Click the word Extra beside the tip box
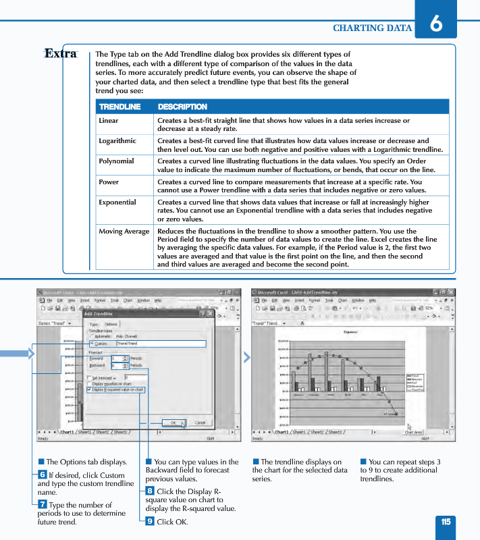60,53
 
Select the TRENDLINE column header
119,107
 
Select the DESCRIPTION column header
182,107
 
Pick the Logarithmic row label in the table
117,141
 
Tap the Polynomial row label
116,161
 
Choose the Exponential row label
117,202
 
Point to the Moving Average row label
124,231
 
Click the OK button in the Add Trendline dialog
174,423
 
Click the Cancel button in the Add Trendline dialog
200,423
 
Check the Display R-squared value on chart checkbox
89,389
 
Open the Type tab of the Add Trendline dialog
94,324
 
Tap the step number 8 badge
150,491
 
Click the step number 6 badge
42,475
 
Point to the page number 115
446,522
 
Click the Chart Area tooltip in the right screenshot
413,432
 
